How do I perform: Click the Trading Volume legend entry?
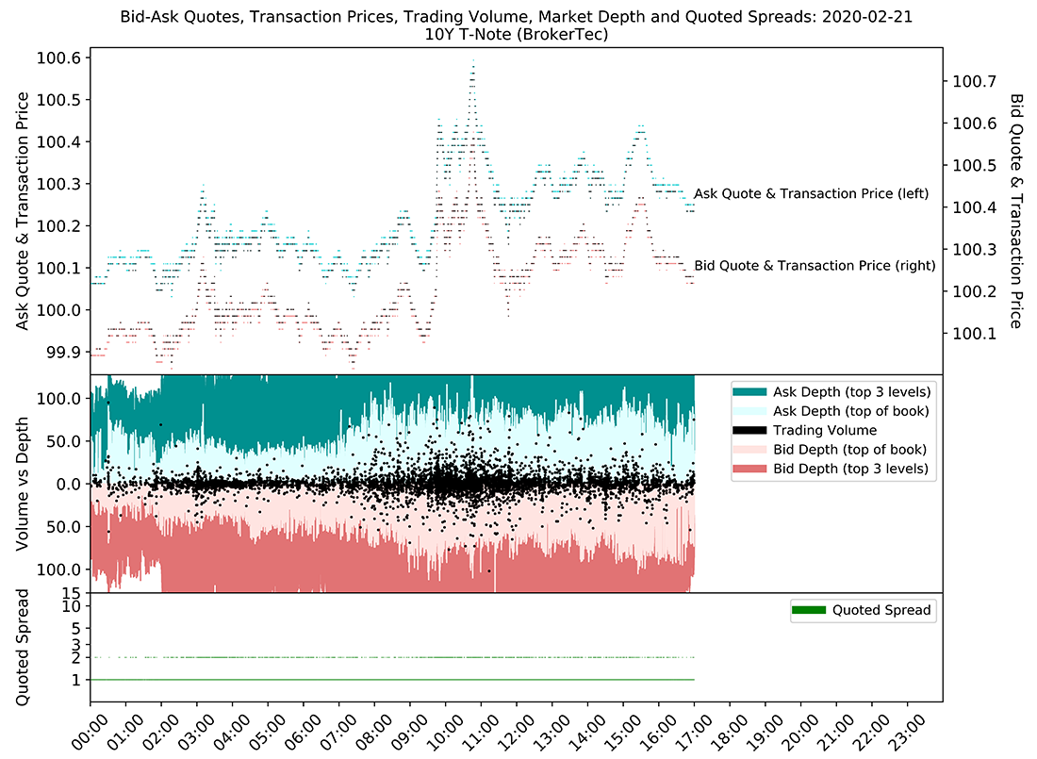[x=824, y=430]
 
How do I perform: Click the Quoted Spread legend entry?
[x=881, y=610]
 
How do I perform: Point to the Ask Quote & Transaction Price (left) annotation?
[x=811, y=194]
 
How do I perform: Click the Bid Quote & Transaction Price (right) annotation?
[x=815, y=266]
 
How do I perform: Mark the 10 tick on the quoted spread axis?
[x=72, y=606]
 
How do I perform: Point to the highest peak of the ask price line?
[x=473, y=61]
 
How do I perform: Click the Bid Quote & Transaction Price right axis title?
[x=1016, y=210]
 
